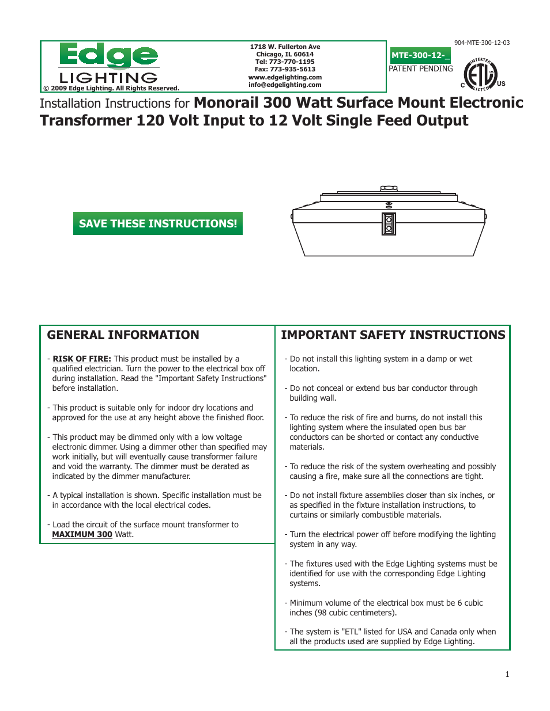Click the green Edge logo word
pos(108,56)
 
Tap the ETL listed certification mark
pos(481,75)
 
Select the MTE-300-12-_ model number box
pos(420,55)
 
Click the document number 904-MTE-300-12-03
pos(481,43)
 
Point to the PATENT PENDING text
pos(420,69)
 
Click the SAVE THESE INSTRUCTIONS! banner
pos(158,223)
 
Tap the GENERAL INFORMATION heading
pos(123,335)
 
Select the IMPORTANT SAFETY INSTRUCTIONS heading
pos(393,335)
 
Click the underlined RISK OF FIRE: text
pos(82,359)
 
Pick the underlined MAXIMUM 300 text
pos(82,534)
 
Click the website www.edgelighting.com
pos(285,77)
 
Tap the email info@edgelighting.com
pos(285,85)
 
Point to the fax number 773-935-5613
pos(292,69)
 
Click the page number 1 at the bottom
pos(507,674)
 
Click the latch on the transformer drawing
pos(389,224)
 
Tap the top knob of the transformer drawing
pos(389,188)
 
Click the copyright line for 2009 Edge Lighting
pos(111,88)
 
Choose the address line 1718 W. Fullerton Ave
pos(285,47)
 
